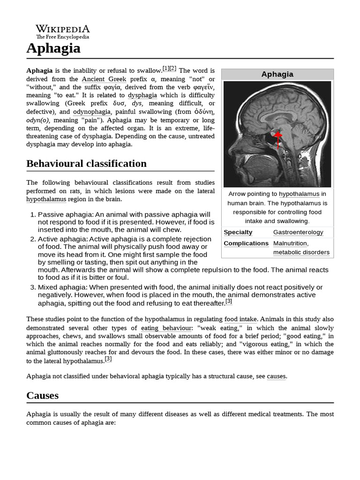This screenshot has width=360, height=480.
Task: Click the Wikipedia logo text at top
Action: click(63, 29)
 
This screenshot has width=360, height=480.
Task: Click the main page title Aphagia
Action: click(53, 48)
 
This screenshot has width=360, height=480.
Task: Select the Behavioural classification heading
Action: click(86, 164)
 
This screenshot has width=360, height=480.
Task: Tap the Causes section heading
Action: click(43, 395)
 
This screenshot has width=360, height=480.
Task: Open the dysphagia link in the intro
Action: click(143, 95)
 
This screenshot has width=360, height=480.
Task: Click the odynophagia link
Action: click(91, 112)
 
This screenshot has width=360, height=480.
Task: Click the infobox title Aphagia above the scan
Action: click(277, 74)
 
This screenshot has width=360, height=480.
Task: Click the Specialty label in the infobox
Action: click(238, 232)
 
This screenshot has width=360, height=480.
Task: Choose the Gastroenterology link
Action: click(298, 232)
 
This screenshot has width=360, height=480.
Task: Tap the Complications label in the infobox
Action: click(246, 243)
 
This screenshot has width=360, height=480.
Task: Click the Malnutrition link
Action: click(290, 243)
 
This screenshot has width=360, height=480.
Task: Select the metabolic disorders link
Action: click(301, 252)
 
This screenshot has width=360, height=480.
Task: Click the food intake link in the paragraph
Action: click(240, 319)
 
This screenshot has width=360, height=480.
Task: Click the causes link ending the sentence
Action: click(276, 376)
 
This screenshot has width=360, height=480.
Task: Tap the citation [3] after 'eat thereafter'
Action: click(229, 301)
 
